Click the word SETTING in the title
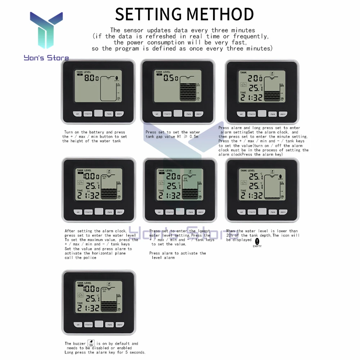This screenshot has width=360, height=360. pyautogui.click(x=148, y=14)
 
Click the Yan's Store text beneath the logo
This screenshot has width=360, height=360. pyautogui.click(x=46, y=58)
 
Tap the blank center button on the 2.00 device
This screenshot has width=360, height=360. pyautogui.click(x=180, y=212)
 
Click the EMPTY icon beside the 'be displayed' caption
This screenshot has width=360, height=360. pyautogui.click(x=257, y=242)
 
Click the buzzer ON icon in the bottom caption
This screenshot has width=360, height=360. pyautogui.click(x=91, y=343)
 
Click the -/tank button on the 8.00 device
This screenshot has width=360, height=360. pyautogui.click(x=109, y=114)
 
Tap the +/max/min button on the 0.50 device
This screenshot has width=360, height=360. pyautogui.click(x=167, y=114)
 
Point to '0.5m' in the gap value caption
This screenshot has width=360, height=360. pyautogui.click(x=193, y=137)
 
